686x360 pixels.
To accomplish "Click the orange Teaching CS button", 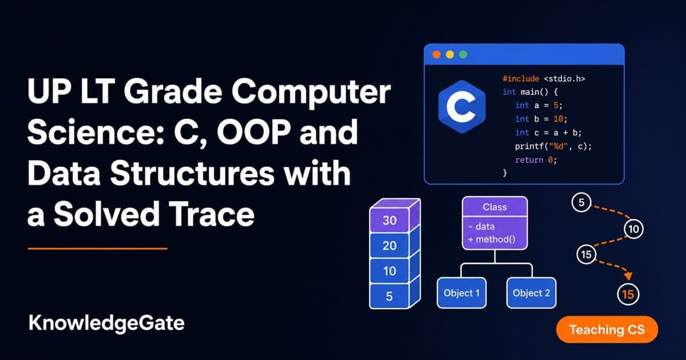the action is (607, 329).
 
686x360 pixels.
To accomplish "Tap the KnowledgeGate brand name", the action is (106, 323).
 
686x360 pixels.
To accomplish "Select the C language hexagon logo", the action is (462, 106).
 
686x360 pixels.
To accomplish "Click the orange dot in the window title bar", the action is (436, 54).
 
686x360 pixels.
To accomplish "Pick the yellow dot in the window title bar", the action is (450, 54).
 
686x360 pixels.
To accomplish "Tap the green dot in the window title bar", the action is (464, 54).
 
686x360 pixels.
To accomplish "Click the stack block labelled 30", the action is (389, 220).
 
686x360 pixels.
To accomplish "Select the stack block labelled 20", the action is (389, 246).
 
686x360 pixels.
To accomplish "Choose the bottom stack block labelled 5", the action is (389, 296).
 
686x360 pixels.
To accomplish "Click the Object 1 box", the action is (461, 293).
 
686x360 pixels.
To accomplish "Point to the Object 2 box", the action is (531, 293).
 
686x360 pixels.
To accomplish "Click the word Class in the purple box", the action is (494, 207).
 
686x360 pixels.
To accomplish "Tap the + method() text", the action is (492, 239).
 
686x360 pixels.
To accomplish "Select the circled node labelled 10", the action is (633, 229).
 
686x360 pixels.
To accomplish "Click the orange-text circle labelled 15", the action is (628, 294).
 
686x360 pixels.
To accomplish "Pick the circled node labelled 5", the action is (581, 202).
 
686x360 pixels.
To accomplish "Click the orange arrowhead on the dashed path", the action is (628, 276).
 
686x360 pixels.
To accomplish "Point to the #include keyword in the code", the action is (521, 79).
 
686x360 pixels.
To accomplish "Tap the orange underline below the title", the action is (97, 249).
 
